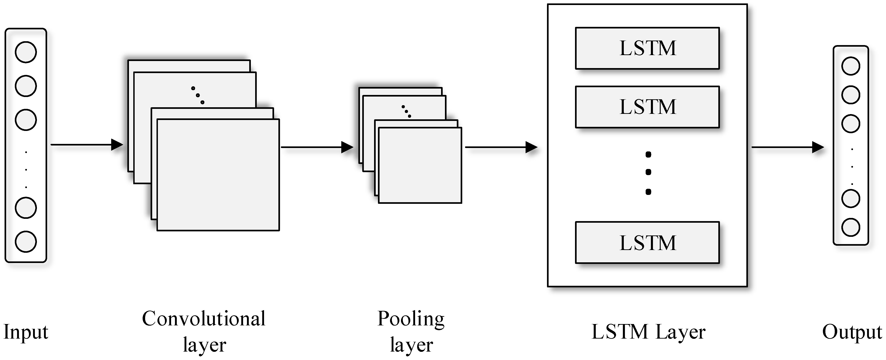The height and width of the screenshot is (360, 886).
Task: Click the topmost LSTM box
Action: click(x=647, y=48)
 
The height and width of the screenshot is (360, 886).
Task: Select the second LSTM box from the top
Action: click(x=647, y=107)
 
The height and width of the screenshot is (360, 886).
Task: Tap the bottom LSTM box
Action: click(x=647, y=243)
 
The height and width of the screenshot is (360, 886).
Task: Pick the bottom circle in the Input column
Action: click(x=26, y=242)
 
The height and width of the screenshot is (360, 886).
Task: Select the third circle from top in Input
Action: click(x=26, y=120)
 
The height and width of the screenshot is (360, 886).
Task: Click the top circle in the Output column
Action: click(x=851, y=66)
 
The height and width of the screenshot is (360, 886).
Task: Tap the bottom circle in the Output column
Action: click(x=851, y=227)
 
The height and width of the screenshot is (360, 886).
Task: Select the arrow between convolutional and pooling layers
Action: click(x=316, y=147)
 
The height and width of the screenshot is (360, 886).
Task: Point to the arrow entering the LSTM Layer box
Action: click(x=501, y=147)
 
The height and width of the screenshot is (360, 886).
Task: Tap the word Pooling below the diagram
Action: click(x=411, y=319)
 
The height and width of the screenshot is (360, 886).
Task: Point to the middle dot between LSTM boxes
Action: click(x=648, y=172)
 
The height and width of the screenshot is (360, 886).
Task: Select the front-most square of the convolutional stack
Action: click(x=218, y=175)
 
